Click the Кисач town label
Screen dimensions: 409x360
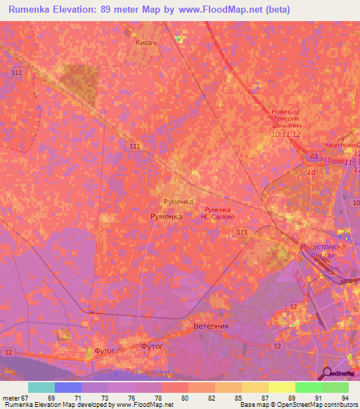pos(145,43)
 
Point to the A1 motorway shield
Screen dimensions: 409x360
pos(314,156)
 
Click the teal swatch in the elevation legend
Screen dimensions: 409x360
pos(41,387)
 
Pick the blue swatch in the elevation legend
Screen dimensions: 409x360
pos(68,387)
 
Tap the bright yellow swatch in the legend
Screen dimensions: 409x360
pos(281,387)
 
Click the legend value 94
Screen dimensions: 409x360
pos(345,398)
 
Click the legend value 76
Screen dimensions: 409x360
pos(131,398)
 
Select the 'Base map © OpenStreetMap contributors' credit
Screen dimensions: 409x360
pos(297,405)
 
